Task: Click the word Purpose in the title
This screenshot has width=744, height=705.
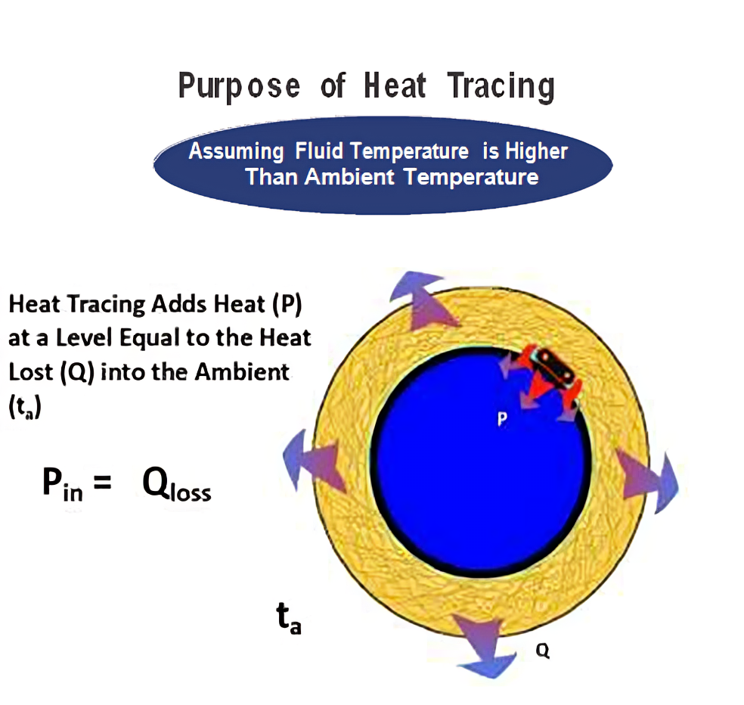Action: click(239, 86)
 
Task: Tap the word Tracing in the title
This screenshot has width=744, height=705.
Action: click(501, 86)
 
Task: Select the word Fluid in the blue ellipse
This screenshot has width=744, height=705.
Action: click(319, 151)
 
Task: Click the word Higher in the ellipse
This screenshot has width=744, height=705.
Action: click(536, 152)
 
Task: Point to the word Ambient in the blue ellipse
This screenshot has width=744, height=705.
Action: click(349, 177)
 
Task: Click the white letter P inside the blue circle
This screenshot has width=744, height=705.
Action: click(502, 419)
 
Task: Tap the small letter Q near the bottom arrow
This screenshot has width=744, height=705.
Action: click(542, 650)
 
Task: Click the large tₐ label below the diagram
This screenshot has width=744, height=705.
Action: click(289, 618)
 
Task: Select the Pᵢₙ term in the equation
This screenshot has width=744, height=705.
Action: click(62, 483)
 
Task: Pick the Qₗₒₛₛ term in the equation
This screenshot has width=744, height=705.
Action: click(176, 484)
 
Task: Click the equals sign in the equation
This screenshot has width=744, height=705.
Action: click(103, 483)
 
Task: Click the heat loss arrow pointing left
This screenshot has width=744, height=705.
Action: click(314, 460)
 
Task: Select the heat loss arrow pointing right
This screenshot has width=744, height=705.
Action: click(648, 480)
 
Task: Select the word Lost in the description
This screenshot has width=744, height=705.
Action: click(30, 371)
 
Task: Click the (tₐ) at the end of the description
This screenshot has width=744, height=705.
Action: click(25, 407)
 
